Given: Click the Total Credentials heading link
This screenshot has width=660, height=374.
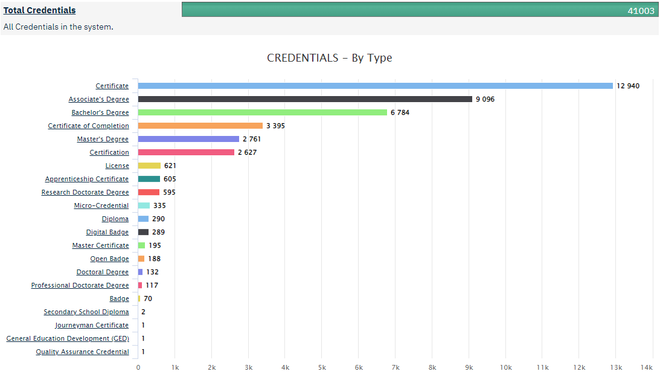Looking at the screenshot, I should [x=40, y=10].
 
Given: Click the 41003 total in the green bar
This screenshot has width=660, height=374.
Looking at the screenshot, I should [x=641, y=10].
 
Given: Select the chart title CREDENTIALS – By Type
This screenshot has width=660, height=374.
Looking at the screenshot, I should [x=329, y=58].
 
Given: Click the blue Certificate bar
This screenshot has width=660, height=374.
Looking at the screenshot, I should [x=375, y=86].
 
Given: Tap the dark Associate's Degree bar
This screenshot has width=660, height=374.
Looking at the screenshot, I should [x=305, y=99].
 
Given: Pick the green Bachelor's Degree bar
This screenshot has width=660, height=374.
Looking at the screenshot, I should [x=262, y=112].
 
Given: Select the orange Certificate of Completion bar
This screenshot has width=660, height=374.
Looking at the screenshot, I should [x=200, y=126].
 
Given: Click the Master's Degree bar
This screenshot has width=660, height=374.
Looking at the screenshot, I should [x=188, y=139].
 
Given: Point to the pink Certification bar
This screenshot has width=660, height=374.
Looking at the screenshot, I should [x=186, y=152].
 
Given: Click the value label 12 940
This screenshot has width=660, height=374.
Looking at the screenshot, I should [x=628, y=86].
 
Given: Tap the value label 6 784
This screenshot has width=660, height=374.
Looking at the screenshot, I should [x=402, y=112].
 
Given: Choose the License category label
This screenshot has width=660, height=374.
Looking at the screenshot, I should [x=117, y=166].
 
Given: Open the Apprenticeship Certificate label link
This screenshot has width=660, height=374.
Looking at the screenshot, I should [x=87, y=179].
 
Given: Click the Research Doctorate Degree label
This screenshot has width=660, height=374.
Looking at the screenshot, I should [x=85, y=192].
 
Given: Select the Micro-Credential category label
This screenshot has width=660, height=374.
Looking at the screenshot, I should [x=101, y=205].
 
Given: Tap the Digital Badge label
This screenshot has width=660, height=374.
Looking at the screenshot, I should [x=107, y=232].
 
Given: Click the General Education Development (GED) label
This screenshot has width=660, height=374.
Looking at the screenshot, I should [x=68, y=338].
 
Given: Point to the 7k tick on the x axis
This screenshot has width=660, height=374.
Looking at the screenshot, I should [x=396, y=367].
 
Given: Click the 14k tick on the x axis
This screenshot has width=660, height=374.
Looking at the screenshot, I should [x=647, y=367].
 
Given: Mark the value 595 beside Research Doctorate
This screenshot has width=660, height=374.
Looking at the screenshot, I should [x=169, y=192].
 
